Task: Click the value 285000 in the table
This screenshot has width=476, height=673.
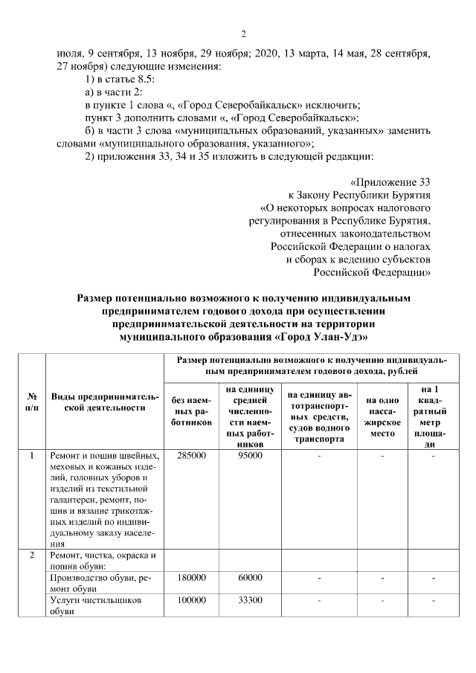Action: (x=192, y=455)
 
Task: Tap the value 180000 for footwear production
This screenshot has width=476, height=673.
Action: (x=192, y=577)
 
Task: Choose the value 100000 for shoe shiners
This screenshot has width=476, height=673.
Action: (x=192, y=599)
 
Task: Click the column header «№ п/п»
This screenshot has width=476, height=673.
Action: (x=33, y=402)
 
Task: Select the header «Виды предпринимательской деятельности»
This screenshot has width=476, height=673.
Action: (x=104, y=402)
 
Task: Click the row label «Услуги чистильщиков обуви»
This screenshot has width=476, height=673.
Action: (x=95, y=605)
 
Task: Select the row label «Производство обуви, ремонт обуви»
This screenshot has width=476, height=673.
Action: (x=100, y=583)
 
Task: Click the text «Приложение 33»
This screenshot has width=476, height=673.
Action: (x=392, y=181)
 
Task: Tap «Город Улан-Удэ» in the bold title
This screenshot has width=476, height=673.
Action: (x=324, y=336)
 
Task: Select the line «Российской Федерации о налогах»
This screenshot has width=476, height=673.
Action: (x=350, y=245)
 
